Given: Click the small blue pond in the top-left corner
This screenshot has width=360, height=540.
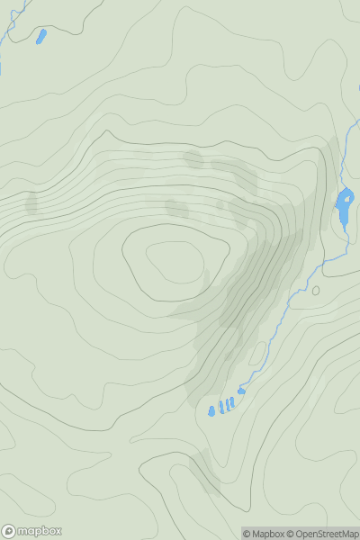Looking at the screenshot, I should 40,37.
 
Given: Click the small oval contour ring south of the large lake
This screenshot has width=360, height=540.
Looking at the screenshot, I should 316,290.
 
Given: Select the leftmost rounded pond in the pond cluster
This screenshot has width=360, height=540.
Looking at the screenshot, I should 212,410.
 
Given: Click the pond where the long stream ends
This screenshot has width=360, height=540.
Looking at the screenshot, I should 241,391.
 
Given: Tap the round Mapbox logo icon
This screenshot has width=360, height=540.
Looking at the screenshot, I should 9,531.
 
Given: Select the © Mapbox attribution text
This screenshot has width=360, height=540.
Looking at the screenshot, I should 267,534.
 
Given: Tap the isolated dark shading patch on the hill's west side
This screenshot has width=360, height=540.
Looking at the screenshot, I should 32,202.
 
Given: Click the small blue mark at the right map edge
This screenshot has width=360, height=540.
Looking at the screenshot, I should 358,87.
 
